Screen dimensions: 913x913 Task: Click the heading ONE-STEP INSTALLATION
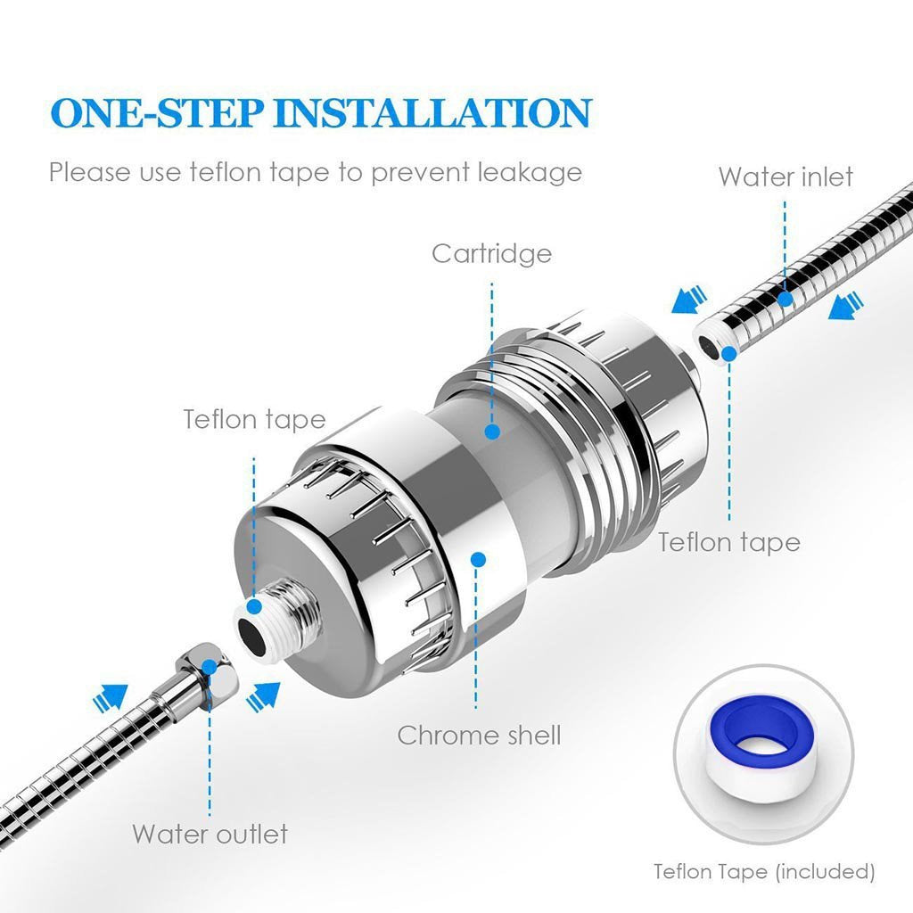coord(321,113)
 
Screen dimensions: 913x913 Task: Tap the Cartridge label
coord(491,254)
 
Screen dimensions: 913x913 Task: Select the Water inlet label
coord(786,177)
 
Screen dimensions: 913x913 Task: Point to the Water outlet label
coord(210,834)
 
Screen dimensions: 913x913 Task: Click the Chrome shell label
coord(479,735)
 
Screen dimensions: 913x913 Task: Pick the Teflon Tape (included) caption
coord(764,872)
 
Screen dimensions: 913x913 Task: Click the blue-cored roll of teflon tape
coord(763,746)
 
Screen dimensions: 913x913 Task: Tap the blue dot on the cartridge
coord(492,432)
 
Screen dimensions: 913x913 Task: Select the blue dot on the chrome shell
coord(479,560)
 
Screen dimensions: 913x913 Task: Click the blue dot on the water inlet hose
coord(786,300)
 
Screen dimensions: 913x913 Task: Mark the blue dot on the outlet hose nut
coord(209,667)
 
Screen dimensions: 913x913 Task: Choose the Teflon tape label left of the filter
coord(254,419)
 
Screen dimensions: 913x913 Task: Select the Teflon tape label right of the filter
coord(729,542)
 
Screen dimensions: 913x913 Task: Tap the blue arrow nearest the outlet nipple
coord(263,695)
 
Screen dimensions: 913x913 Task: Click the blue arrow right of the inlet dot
coord(845,307)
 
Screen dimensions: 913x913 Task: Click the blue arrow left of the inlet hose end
coord(689,300)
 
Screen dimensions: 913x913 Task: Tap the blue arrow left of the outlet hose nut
coord(110,697)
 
